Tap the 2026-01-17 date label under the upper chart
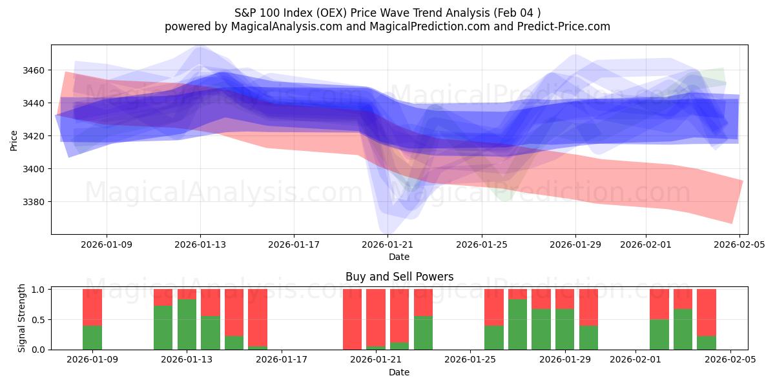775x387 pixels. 294,245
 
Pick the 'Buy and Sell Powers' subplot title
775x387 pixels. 399,277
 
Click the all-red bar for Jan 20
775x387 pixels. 352,319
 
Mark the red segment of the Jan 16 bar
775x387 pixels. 258,317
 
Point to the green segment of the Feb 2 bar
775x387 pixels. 659,334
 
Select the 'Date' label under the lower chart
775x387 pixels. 399,372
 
